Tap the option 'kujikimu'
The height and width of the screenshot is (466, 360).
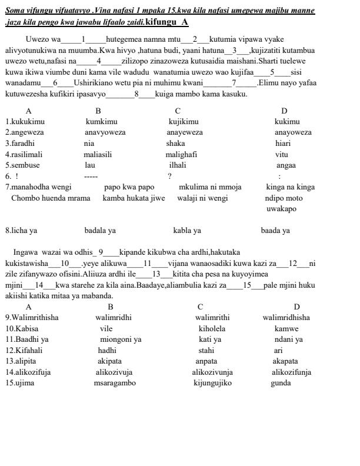(x=184, y=122)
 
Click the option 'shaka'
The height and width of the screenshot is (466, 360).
(x=175, y=143)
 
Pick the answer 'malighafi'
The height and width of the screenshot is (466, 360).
(x=181, y=154)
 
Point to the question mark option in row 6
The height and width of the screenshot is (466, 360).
(x=169, y=176)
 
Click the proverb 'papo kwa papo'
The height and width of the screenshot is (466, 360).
(x=129, y=187)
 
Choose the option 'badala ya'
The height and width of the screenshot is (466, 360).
(x=100, y=231)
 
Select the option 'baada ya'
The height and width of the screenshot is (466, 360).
(x=275, y=231)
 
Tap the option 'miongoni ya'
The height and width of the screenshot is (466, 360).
(x=121, y=339)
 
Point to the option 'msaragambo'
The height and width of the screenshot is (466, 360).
(x=115, y=383)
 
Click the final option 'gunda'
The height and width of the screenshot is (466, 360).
(x=281, y=383)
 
